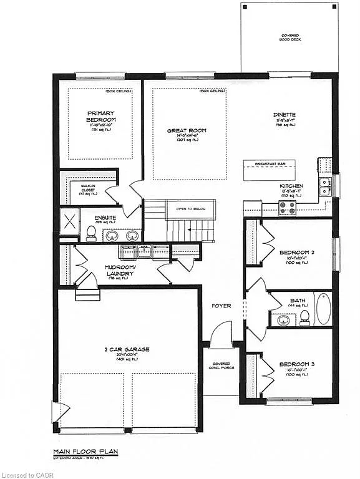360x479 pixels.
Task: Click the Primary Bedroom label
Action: [x=101, y=117]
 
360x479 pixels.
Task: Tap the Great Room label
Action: [x=187, y=131]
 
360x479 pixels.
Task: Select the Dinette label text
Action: [x=284, y=115]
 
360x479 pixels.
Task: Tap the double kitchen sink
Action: [x=325, y=183]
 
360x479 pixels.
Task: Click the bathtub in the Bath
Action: [x=323, y=309]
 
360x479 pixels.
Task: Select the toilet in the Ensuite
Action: [x=91, y=233]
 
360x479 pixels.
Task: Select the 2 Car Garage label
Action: [x=127, y=350]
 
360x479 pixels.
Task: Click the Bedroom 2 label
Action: [x=292, y=252]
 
